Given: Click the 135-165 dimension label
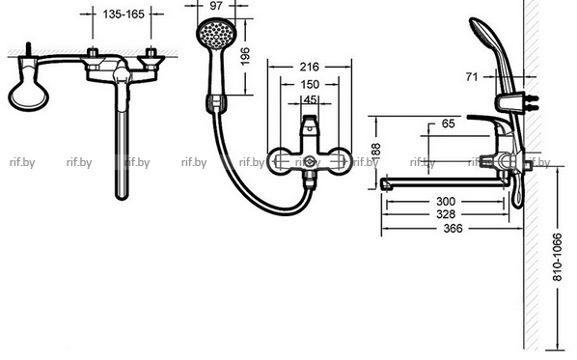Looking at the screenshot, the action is click(124, 14).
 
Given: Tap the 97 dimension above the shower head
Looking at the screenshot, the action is click(216, 6).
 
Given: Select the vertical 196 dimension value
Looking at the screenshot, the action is click(245, 56).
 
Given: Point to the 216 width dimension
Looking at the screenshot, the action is click(309, 67).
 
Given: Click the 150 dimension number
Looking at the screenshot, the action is click(310, 84).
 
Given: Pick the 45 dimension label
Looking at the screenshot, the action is click(311, 99).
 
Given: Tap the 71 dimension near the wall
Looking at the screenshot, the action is click(472, 76).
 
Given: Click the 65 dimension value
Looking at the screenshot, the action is click(448, 124).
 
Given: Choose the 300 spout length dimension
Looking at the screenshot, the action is click(446, 202).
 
